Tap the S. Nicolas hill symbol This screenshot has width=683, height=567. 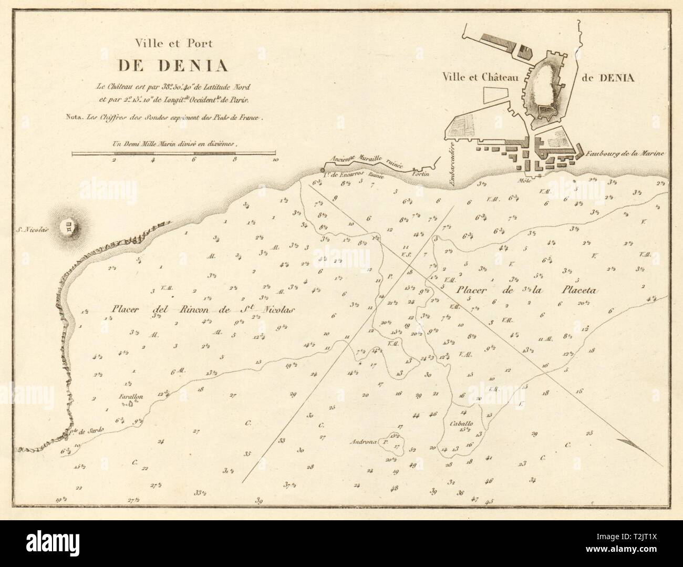(x=69, y=228)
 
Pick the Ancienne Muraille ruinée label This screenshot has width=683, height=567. (x=365, y=159)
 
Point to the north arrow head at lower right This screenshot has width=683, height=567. (x=625, y=442)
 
